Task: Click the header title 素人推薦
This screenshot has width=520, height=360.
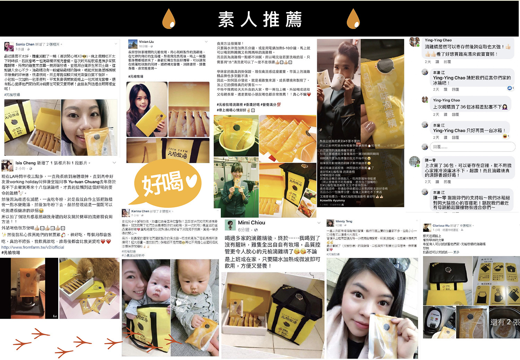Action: click(260, 19)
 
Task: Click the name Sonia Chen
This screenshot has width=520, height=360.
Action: click(25, 44)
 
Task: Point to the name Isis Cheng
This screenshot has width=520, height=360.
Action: click(25, 163)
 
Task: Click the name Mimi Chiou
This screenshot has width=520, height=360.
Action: click(251, 223)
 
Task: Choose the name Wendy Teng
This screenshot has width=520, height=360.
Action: click(344, 221)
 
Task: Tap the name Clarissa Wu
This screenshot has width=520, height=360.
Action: click(441, 226)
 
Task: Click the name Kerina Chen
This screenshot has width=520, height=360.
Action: click(140, 211)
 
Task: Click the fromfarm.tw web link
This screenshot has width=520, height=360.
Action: click(33, 247)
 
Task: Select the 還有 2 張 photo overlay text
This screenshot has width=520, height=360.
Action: click(504, 322)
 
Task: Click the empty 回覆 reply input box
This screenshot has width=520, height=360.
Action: click(473, 147)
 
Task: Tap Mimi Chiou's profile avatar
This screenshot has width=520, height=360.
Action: click(230, 225)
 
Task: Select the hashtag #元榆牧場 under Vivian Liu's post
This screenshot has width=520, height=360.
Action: click(136, 77)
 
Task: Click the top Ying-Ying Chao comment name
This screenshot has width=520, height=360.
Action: click(438, 40)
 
